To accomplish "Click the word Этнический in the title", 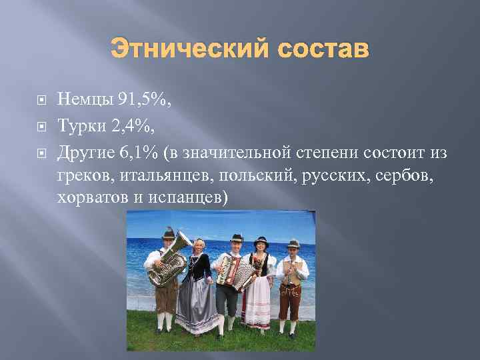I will coord(179,49).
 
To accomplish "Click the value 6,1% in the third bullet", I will coord(139,152).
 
